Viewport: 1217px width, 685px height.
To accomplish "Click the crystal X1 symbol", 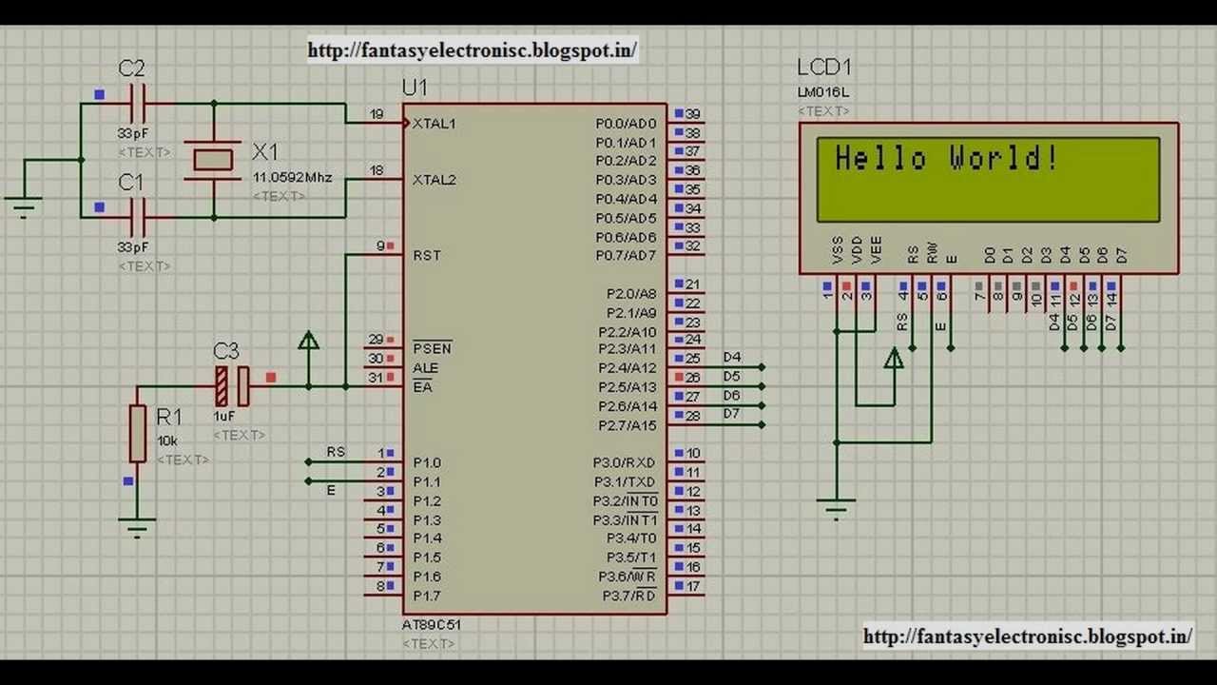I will [x=214, y=159].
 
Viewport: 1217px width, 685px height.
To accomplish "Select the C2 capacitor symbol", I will [x=138, y=103].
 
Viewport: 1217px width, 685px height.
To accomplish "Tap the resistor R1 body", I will [x=138, y=433].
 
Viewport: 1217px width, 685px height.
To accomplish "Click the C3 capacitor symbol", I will [x=232, y=385].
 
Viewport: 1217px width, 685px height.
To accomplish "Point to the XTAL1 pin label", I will [x=435, y=124].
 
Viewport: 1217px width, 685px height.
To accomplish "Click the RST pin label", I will [x=427, y=255].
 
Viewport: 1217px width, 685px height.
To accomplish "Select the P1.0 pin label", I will [x=427, y=462].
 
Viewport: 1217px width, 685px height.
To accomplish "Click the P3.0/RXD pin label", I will [x=625, y=462].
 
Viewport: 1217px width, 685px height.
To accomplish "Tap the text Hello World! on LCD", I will [x=946, y=158].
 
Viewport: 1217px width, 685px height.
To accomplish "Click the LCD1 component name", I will [x=823, y=68].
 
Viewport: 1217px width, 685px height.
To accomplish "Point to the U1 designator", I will [x=415, y=88].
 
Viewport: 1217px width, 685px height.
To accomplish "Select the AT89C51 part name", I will [x=432, y=625].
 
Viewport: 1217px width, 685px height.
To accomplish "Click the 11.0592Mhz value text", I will [x=292, y=177].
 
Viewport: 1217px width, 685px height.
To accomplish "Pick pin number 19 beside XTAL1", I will [x=377, y=114].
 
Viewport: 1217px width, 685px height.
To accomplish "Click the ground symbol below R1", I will [x=138, y=526].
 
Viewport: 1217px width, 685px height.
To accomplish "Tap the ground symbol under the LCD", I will [x=836, y=509].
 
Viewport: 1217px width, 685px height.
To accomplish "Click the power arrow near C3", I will [x=308, y=341].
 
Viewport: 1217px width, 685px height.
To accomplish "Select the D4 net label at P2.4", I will [x=731, y=358].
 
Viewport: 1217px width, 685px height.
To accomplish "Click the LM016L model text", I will [x=823, y=92].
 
